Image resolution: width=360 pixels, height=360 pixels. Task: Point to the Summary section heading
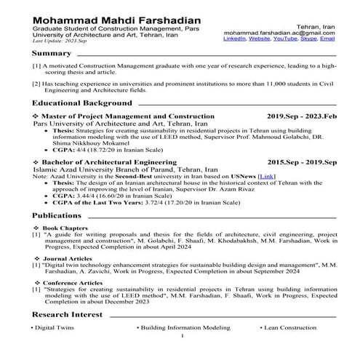(x=52, y=54)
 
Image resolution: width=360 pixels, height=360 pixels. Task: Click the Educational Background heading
(x=82, y=103)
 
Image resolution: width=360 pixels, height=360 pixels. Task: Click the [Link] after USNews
(x=267, y=176)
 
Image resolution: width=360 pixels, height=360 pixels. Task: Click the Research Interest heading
(x=67, y=314)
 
